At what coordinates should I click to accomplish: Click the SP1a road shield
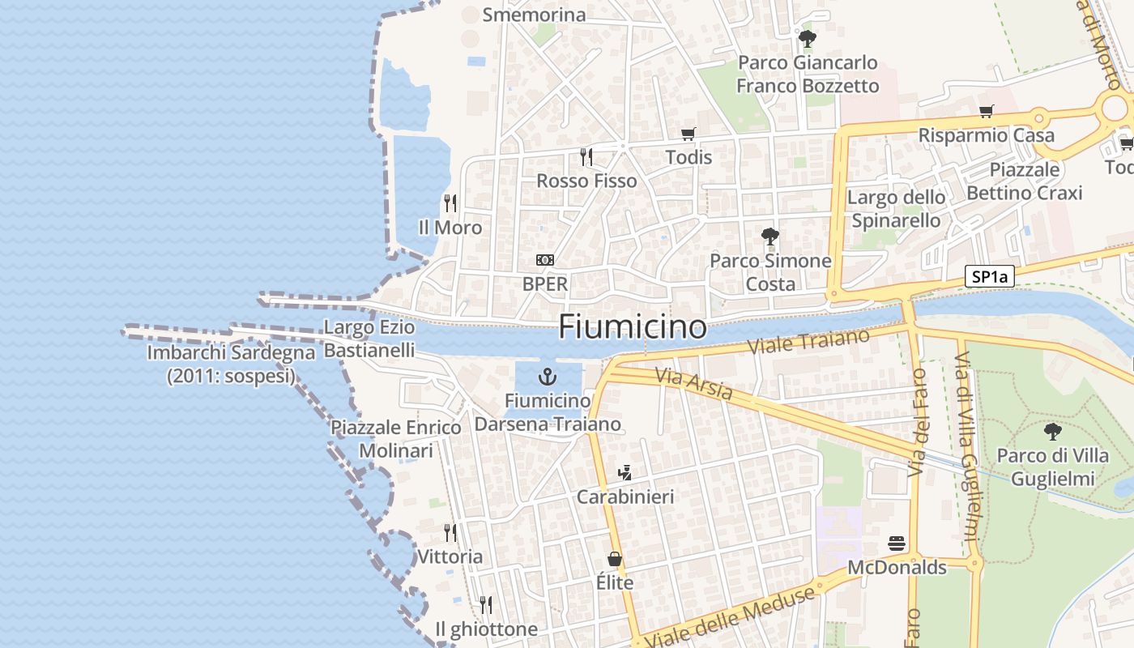(990, 277)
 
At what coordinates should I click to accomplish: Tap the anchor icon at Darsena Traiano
(548, 377)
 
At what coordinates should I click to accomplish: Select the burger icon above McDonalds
(896, 543)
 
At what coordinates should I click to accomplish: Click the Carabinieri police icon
(625, 473)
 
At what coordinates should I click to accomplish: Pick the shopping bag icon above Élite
(615, 559)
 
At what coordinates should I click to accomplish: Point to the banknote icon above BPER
(545, 260)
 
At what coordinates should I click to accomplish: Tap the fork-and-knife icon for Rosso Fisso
(586, 156)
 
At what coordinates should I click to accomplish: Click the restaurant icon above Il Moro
(450, 203)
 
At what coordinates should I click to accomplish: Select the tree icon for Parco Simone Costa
(769, 237)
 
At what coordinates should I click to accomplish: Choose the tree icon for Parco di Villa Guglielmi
(1052, 431)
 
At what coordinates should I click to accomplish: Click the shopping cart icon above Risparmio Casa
(986, 111)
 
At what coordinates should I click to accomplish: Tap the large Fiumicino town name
(633, 327)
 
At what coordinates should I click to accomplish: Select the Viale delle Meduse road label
(731, 617)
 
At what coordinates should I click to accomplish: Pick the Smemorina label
(534, 15)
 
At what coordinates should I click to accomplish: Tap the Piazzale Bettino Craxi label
(1025, 181)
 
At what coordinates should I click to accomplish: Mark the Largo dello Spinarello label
(896, 209)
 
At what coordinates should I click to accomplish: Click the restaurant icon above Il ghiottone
(485, 604)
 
